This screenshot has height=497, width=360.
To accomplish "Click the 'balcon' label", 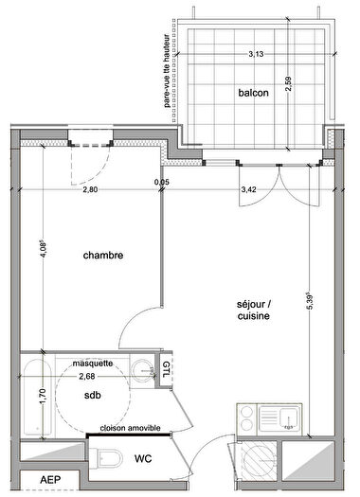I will [x=253, y=93].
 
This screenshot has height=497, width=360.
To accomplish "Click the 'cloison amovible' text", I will [x=129, y=428].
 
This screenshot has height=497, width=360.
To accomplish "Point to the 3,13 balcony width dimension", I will [x=256, y=55].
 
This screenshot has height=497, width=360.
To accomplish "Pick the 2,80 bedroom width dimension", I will [x=89, y=189].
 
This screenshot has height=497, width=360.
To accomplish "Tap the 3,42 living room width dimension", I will [x=249, y=189].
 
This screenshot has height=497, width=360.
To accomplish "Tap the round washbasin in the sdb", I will [x=141, y=371].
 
